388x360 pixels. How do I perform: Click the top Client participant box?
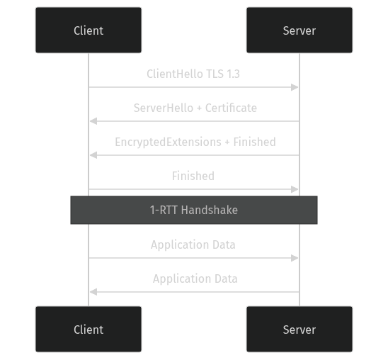[x=89, y=30]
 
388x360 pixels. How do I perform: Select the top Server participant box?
[x=299, y=30]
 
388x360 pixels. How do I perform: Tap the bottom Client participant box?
[x=89, y=330]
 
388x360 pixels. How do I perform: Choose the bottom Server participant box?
[x=299, y=330]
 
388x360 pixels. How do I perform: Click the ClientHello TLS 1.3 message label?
[x=194, y=74]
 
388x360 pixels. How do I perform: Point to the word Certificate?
[x=231, y=108]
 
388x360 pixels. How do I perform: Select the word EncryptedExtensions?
[x=168, y=142]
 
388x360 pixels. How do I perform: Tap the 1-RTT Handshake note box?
[x=193, y=210]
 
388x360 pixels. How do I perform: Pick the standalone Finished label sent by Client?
[x=193, y=176]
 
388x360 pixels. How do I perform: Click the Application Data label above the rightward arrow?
[x=193, y=244]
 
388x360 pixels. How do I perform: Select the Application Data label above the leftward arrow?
[x=195, y=279]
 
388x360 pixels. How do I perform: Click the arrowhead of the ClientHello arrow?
[x=296, y=87]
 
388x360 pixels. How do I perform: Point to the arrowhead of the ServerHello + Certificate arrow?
[x=92, y=121]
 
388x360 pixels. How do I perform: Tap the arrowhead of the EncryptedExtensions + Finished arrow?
[x=92, y=155]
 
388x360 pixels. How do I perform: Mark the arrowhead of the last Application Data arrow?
[x=92, y=292]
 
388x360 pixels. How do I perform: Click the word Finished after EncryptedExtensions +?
[x=254, y=142]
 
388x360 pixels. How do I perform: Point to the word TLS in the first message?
[x=215, y=74]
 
